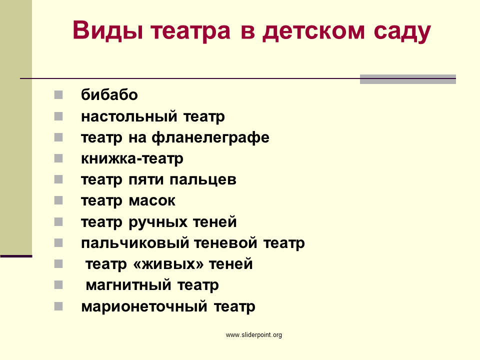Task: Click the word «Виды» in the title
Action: (108, 30)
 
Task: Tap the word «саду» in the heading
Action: (402, 32)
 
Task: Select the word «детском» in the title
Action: (314, 32)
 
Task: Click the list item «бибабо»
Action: (109, 94)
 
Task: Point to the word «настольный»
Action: (129, 116)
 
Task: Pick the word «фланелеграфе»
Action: (210, 137)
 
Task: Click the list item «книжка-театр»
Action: (132, 159)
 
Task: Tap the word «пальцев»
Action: (203, 180)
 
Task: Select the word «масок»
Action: (152, 201)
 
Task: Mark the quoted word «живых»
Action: (168, 264)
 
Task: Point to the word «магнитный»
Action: (128, 285)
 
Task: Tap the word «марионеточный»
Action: (144, 306)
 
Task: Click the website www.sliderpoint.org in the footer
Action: (254, 335)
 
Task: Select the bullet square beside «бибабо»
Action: (58, 95)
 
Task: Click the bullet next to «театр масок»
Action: (58, 200)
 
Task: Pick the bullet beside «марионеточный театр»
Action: (58, 306)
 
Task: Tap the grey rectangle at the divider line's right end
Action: (408, 79)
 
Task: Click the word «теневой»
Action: (225, 243)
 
